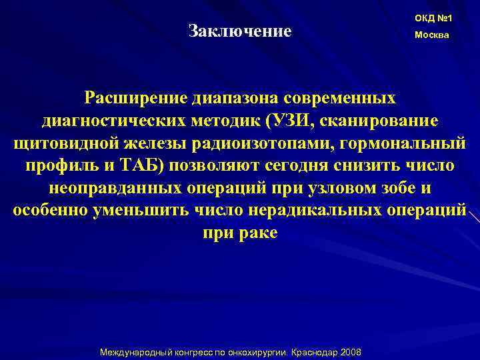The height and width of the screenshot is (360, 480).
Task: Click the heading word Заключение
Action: point(240,31)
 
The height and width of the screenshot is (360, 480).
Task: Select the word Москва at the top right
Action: point(432,35)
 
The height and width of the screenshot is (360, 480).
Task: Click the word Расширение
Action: point(135,98)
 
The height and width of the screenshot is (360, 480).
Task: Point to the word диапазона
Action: point(233,98)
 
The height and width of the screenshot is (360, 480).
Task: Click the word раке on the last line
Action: point(257,234)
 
